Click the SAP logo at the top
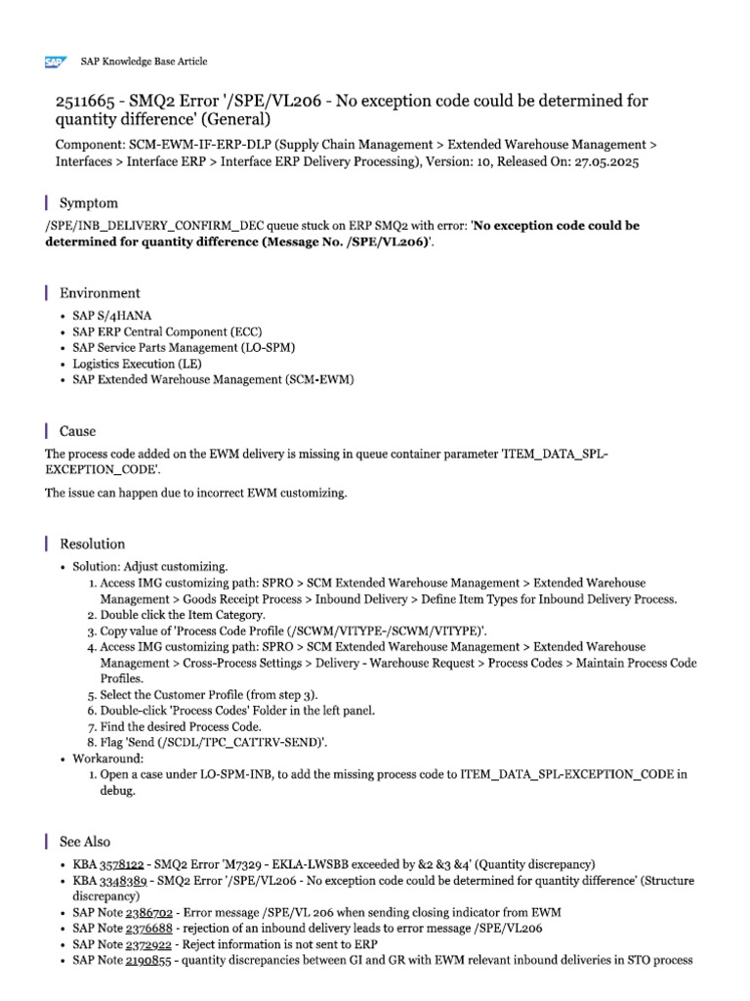pyautogui.click(x=55, y=62)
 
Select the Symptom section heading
pyautogui.click(x=89, y=203)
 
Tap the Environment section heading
pyautogui.click(x=100, y=293)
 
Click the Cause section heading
pyautogui.click(x=78, y=431)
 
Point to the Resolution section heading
pyautogui.click(x=93, y=544)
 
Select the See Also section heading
pyautogui.click(x=85, y=842)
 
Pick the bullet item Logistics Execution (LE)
pyautogui.click(x=136, y=364)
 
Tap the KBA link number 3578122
pyautogui.click(x=122, y=864)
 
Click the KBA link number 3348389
pyautogui.click(x=122, y=881)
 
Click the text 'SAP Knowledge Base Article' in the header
pyautogui.click(x=144, y=62)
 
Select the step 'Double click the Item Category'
pyautogui.click(x=183, y=615)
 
